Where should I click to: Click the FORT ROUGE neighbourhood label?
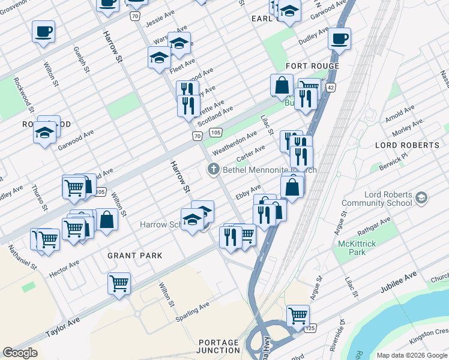(x=313, y=66)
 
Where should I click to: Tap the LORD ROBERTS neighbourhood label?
(x=407, y=145)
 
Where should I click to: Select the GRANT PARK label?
(x=135, y=256)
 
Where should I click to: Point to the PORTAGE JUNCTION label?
(x=218, y=346)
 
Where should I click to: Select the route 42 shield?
(x=330, y=88)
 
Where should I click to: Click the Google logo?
(x=20, y=353)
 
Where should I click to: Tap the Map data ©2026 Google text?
(x=412, y=355)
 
